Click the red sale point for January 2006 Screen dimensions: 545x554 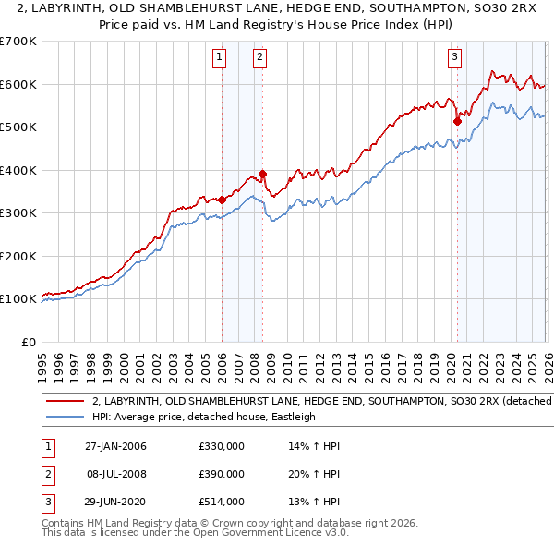point(223,200)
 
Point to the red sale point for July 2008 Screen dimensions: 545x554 point(263,174)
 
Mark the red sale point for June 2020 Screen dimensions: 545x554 point(457,120)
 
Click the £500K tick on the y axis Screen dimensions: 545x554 point(18,127)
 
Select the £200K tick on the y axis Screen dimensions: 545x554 point(18,256)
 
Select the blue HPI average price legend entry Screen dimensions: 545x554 point(203,417)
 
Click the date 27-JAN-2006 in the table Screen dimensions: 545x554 point(115,446)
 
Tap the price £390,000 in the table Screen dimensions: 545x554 point(221,474)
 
